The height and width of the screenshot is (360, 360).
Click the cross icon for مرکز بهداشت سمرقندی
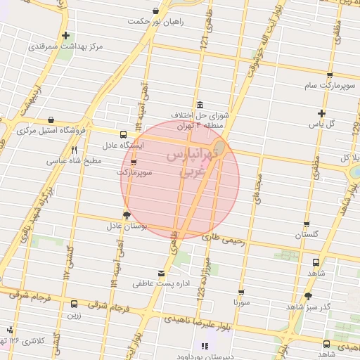coord(65,35)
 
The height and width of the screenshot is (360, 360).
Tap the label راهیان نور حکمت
coord(155,22)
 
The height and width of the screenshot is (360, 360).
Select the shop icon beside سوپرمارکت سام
coord(330,74)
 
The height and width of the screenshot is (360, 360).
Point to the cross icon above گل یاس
coord(321,113)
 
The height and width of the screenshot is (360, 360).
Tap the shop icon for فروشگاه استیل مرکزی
coord(51,120)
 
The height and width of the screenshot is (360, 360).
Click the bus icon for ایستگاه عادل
coord(124,134)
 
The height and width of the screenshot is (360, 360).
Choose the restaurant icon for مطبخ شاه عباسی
coord(74,150)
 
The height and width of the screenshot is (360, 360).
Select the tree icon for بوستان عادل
coord(127,215)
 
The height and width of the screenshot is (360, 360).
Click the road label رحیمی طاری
coord(224,239)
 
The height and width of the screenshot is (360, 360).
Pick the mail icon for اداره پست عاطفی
coord(162,273)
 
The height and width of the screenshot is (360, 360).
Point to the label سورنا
coord(241,302)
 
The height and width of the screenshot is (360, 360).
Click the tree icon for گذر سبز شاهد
coord(307,296)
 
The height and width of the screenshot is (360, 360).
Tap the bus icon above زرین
coord(75,304)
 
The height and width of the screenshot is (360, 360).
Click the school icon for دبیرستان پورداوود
coord(205,345)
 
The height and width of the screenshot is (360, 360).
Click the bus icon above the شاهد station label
coord(315,262)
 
